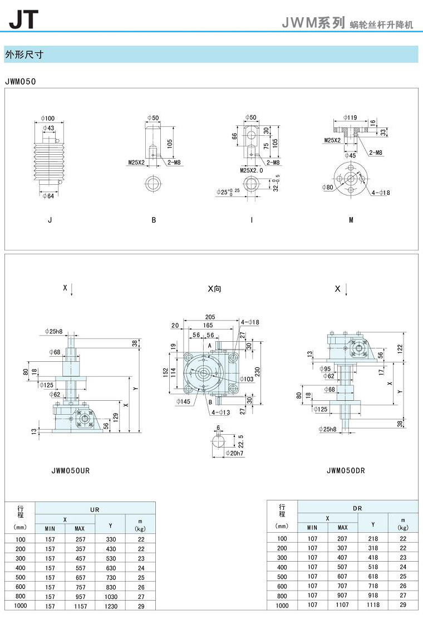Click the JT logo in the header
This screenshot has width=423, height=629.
[x=23, y=19]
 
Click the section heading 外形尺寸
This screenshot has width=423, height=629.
[x=24, y=55]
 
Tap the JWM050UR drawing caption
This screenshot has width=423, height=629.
[x=70, y=470]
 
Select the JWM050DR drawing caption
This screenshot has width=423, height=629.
[x=346, y=470]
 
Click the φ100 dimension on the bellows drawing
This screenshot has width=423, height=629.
[x=48, y=118]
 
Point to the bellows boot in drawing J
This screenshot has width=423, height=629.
[x=50, y=162]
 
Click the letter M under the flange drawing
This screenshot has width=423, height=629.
[x=351, y=220]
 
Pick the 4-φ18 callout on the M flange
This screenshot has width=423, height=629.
[x=381, y=193]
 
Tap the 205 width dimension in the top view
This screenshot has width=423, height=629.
[x=209, y=317]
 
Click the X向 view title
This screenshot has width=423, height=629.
[x=214, y=289]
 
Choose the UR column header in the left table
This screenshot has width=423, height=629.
[x=95, y=509]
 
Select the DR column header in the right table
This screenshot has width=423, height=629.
[x=358, y=508]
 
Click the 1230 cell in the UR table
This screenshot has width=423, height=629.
[x=110, y=606]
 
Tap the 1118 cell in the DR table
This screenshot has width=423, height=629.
[x=373, y=605]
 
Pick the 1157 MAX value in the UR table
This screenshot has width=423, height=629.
[x=80, y=606]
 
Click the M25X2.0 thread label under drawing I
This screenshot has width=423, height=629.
[x=251, y=170]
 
